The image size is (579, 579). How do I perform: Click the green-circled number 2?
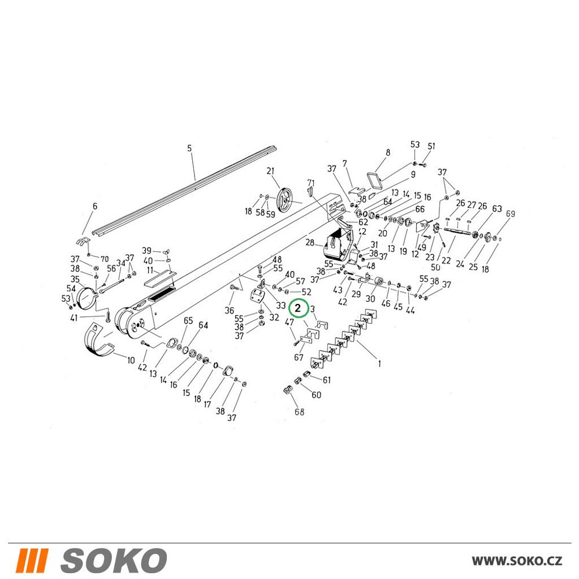tap(298, 308)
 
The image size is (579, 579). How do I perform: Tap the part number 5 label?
tap(189, 148)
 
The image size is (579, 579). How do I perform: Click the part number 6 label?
tap(95, 206)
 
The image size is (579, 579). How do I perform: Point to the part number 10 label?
tap(131, 360)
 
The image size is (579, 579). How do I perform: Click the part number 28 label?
tap(310, 243)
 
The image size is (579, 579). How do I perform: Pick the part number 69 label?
tap(510, 214)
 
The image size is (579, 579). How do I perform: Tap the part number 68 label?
tap(299, 411)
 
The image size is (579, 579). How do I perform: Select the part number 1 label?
tap(379, 364)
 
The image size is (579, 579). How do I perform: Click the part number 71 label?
tap(311, 183)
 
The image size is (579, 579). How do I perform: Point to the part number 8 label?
tap(388, 152)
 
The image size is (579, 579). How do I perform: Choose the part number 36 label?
tap(229, 310)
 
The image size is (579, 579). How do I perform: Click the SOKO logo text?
tap(113, 560)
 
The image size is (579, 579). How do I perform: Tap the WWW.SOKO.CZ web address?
tap(517, 560)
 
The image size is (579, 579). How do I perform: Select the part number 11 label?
tap(150, 270)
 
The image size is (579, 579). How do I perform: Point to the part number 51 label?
tap(431, 146)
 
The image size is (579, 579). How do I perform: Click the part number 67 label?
tap(299, 357)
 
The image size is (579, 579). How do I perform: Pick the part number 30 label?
tap(371, 299)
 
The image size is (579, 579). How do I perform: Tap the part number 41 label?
tap(74, 317)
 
